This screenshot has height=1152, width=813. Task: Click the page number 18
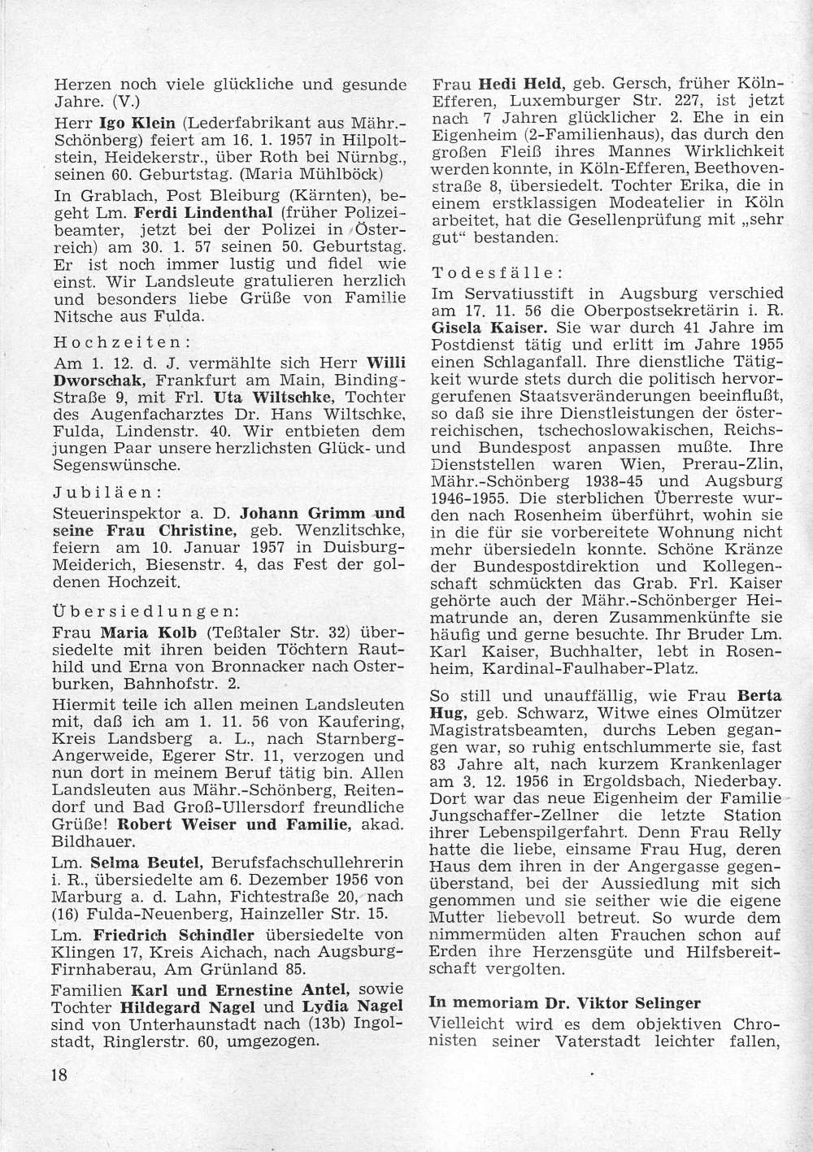click(58, 1075)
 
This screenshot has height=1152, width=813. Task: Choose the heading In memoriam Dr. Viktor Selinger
click(564, 1002)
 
